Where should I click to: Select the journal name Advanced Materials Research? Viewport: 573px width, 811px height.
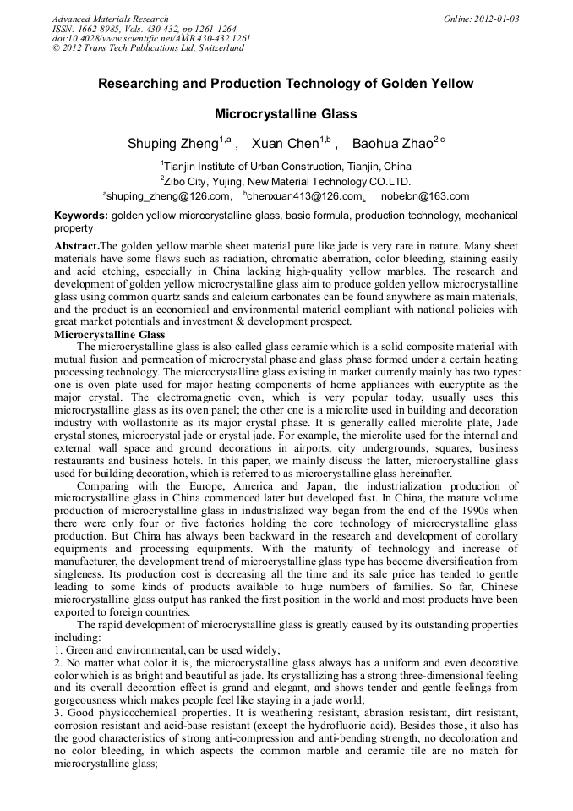click(110, 19)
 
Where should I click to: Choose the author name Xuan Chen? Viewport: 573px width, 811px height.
click(283, 144)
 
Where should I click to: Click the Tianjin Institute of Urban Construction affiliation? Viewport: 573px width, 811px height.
click(286, 166)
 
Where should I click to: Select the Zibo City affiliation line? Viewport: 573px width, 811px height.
click(286, 181)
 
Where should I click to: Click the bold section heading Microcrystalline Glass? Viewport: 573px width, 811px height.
click(109, 335)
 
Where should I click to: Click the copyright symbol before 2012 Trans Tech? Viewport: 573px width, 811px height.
click(57, 48)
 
